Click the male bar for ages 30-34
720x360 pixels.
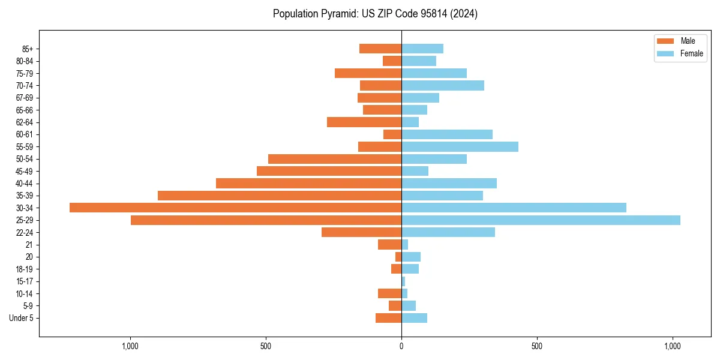pyautogui.click(x=235, y=208)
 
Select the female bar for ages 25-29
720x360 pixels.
pyautogui.click(x=541, y=220)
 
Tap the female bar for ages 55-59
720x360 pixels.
pyautogui.click(x=460, y=146)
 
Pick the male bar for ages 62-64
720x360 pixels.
pyautogui.click(x=364, y=122)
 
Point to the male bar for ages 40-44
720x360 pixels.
pyautogui.click(x=308, y=183)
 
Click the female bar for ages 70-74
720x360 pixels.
pyautogui.click(x=443, y=85)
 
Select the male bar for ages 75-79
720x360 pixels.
pyautogui.click(x=368, y=73)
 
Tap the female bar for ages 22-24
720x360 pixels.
pyautogui.click(x=448, y=232)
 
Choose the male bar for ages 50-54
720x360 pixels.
pyautogui.click(x=335, y=159)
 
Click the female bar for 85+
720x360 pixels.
pyautogui.click(x=422, y=49)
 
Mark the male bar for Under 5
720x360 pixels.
pyautogui.click(x=388, y=318)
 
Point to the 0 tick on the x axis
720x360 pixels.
pyautogui.click(x=401, y=347)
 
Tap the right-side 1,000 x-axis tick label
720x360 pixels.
pyautogui.click(x=673, y=347)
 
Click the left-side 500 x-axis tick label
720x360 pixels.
pyautogui.click(x=266, y=347)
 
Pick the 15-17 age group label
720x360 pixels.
pyautogui.click(x=25, y=281)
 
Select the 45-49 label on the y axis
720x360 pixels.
pyautogui.click(x=25, y=171)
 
